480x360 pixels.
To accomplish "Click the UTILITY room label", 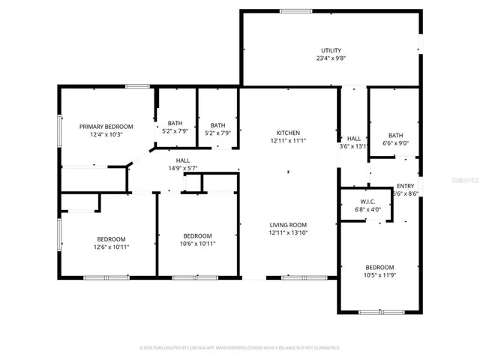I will pyautogui.click(x=331, y=49).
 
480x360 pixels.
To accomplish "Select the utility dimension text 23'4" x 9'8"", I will pyautogui.click(x=331, y=58).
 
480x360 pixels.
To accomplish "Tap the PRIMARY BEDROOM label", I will pyautogui.click(x=106, y=126).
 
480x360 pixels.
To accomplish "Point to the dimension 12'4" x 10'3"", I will pyautogui.click(x=106, y=134).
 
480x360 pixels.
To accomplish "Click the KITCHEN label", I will pyautogui.click(x=288, y=132).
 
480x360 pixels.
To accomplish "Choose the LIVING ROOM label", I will pyautogui.click(x=288, y=224).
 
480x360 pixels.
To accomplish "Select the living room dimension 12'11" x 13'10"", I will pyautogui.click(x=288, y=232).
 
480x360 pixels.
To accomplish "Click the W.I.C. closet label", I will pyautogui.click(x=367, y=202).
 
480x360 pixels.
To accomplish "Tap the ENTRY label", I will pyautogui.click(x=405, y=185).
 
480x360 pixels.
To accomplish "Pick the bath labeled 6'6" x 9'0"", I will pyautogui.click(x=395, y=143).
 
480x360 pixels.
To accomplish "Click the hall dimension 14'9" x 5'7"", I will pyautogui.click(x=183, y=169).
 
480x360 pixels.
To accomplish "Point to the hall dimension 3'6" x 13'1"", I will pyautogui.click(x=353, y=147).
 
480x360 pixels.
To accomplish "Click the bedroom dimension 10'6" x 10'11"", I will pyautogui.click(x=199, y=243).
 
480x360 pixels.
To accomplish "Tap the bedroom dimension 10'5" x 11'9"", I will pyautogui.click(x=380, y=275).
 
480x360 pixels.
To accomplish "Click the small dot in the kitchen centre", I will pyautogui.click(x=287, y=172).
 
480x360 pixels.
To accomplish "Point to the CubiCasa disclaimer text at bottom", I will pyautogui.click(x=240, y=348).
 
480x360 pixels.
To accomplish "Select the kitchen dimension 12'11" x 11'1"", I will pyautogui.click(x=288, y=140).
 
